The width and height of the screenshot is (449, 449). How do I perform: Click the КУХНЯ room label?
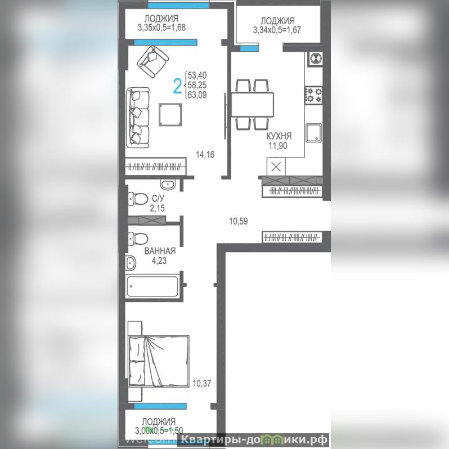pyautogui.click(x=279, y=136)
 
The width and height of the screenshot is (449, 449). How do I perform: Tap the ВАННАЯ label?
pyautogui.click(x=160, y=251)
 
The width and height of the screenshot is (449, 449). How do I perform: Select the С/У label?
pyautogui.click(x=158, y=198)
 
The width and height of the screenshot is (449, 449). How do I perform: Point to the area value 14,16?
pyautogui.click(x=205, y=155)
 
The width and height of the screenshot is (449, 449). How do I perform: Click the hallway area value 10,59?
pyautogui.click(x=239, y=221)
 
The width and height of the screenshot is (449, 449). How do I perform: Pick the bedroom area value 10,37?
pyautogui.click(x=202, y=383)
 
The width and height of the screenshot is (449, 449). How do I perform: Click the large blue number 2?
pyautogui.click(x=178, y=86)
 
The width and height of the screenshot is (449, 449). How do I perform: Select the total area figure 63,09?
pyautogui.click(x=197, y=95)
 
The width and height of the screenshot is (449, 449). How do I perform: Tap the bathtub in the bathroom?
pyautogui.click(x=152, y=286)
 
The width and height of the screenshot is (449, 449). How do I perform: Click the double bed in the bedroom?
pyautogui.click(x=159, y=361)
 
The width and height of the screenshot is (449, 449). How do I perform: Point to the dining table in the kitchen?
pyautogui.click(x=252, y=104)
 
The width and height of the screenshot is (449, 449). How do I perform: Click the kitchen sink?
pyautogui.click(x=313, y=133)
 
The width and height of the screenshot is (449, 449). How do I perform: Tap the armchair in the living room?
pyautogui.click(x=152, y=61)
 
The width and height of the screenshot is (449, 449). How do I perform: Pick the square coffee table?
pyautogui.click(x=170, y=115)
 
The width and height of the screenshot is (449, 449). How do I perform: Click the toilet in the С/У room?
pyautogui.click(x=138, y=199)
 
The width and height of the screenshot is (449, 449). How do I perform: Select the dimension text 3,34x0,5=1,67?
pyautogui.click(x=277, y=30)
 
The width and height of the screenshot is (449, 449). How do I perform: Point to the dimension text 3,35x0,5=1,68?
pyautogui.click(x=161, y=28)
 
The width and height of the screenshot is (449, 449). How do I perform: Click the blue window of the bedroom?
pyautogui.click(x=160, y=406)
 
